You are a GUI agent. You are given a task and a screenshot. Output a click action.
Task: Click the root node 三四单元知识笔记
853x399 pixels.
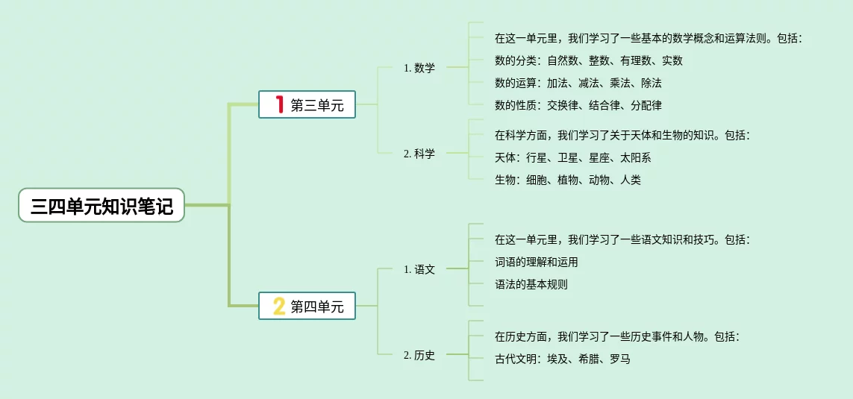[101, 206]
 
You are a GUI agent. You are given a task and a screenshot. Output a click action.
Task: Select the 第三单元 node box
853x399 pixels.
[307, 105]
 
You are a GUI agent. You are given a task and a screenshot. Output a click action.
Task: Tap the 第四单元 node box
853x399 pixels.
[307, 306]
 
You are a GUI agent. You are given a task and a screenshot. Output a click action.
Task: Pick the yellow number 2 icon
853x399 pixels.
[279, 306]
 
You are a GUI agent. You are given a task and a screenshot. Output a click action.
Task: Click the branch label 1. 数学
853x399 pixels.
[419, 68]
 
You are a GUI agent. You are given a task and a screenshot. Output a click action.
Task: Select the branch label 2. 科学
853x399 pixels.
[419, 154]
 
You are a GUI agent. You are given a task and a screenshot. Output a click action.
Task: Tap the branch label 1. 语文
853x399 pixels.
[419, 269]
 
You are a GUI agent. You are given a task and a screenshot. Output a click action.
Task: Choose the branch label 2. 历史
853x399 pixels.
[419, 355]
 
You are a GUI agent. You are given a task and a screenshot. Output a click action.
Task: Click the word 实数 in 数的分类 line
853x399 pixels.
[672, 60]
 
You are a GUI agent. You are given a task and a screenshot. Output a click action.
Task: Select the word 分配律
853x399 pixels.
[646, 105]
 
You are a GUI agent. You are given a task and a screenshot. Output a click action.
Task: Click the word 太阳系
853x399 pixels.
[636, 157]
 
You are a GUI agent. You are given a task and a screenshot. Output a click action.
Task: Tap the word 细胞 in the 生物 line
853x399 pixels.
[537, 180]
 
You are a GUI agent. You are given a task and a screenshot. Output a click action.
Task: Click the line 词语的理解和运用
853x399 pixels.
[536, 262]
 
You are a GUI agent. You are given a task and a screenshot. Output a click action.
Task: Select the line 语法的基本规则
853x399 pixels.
[531, 284]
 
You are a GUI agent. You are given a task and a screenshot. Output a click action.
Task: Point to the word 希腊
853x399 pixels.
[589, 359]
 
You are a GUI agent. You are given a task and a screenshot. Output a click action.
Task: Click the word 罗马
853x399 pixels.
[620, 359]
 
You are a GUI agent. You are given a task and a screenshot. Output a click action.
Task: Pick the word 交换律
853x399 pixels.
[563, 105]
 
